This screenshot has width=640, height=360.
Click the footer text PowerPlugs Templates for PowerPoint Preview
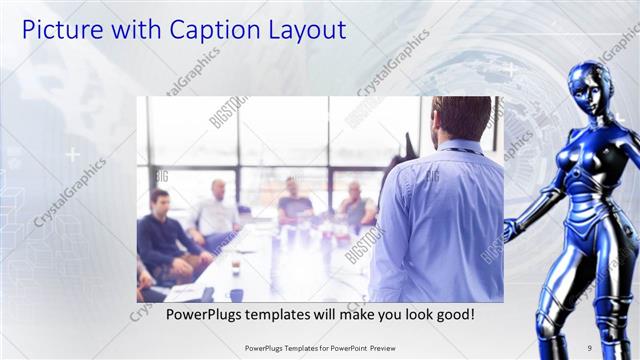coord(319,348)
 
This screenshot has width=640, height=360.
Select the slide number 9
coord(589,348)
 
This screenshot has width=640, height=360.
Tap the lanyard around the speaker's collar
coord(459,150)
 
